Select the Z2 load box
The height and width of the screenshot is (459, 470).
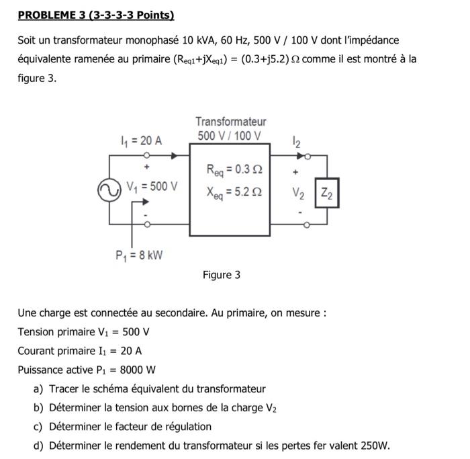pos(327,194)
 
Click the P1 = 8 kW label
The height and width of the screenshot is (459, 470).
pos(139,255)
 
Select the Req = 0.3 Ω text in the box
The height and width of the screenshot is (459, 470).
pos(230,170)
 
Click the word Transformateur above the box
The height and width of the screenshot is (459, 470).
pos(230,122)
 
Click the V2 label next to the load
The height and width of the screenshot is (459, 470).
pos(297,194)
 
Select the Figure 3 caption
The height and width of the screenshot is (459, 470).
pos(221,275)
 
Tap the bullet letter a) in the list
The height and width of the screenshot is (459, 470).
pos(38,388)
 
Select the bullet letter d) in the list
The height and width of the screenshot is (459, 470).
pos(38,445)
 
